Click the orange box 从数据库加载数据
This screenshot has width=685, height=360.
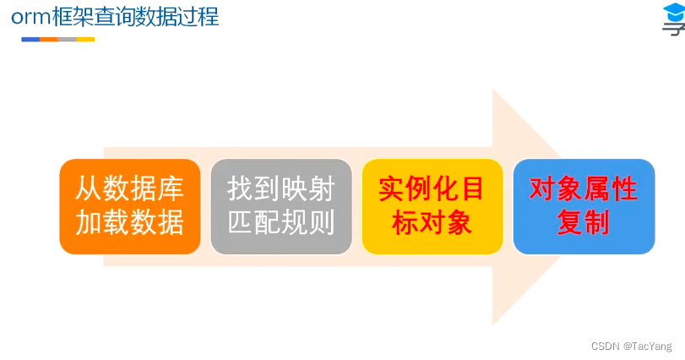(x=130, y=206)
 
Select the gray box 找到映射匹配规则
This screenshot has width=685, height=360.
(x=281, y=206)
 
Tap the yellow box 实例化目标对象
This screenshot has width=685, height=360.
(x=432, y=206)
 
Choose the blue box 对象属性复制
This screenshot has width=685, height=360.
(x=584, y=206)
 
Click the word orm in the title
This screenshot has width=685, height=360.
(x=30, y=18)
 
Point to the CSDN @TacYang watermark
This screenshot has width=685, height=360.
(x=631, y=346)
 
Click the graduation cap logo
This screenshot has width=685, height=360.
(x=674, y=19)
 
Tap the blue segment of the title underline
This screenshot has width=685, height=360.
(x=30, y=40)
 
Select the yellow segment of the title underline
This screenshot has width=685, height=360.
(x=85, y=40)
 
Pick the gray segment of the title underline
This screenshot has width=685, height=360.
(x=68, y=40)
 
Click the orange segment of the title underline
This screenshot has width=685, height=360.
(x=49, y=40)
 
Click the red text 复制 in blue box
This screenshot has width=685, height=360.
(x=583, y=222)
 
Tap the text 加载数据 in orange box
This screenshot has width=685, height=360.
(x=130, y=222)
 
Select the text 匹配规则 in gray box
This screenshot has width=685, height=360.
(x=281, y=222)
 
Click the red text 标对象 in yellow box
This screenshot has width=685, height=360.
(x=432, y=222)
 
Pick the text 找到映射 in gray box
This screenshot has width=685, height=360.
(x=281, y=188)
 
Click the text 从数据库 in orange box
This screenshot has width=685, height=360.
(x=130, y=188)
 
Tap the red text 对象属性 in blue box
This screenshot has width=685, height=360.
(x=583, y=188)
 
